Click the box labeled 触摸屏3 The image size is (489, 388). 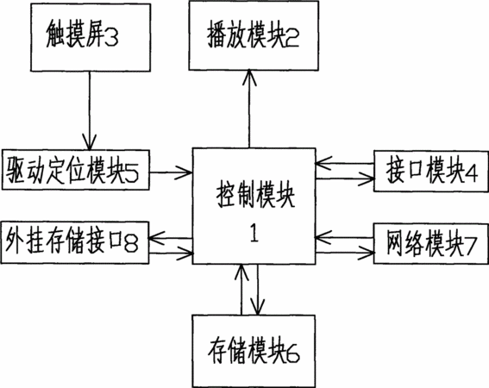pyautogui.click(x=91, y=38)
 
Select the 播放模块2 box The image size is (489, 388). pyautogui.click(x=254, y=35)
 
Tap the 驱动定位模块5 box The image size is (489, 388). pyautogui.click(x=76, y=170)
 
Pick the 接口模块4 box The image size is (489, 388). pyautogui.click(x=431, y=172)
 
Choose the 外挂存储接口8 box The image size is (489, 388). pyautogui.click(x=75, y=242)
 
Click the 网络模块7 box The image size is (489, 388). pyautogui.click(x=431, y=244)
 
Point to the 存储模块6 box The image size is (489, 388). pyautogui.click(x=254, y=351)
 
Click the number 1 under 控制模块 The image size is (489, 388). pyautogui.click(x=254, y=234)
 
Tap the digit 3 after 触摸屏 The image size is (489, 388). pyautogui.click(x=111, y=39)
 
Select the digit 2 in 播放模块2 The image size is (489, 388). pyautogui.click(x=292, y=39)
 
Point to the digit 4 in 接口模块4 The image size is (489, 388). pyautogui.click(x=471, y=172)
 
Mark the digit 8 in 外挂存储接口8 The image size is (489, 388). pyautogui.click(x=131, y=244)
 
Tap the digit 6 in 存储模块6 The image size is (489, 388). pyautogui.click(x=292, y=354)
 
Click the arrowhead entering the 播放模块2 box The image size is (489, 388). pyautogui.click(x=249, y=78)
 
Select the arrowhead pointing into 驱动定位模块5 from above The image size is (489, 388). pyautogui.click(x=90, y=142)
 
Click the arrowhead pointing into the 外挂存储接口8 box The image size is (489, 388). pyautogui.click(x=157, y=238)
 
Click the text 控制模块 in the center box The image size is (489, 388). pyautogui.click(x=255, y=197)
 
